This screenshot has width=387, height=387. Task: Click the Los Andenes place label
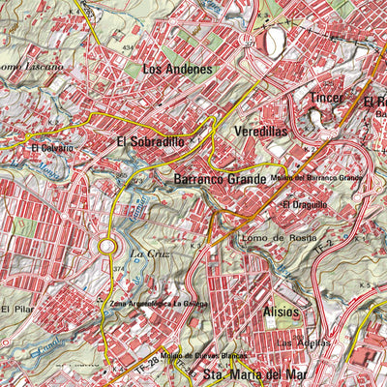click(x=176, y=69)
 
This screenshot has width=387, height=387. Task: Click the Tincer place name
click(x=327, y=98)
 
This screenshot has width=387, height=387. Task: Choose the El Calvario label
click(x=48, y=148)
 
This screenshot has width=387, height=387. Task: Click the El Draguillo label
click(x=305, y=205)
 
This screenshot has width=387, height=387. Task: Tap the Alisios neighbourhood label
click(x=281, y=313)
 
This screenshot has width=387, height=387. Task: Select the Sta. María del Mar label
click(x=252, y=373)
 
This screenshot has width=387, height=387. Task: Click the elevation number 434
click(x=127, y=46)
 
